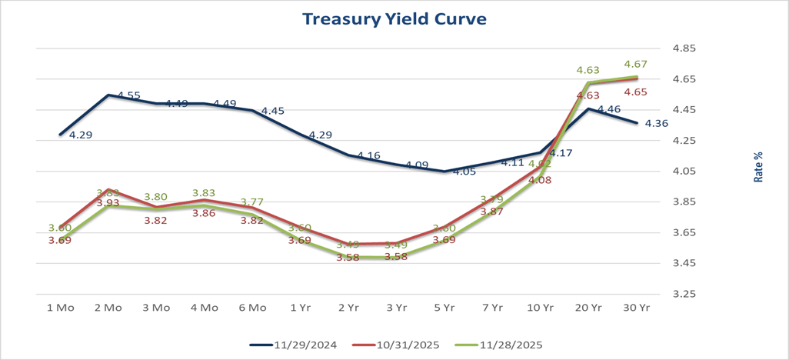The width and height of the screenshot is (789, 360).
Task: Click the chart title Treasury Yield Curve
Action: [x=394, y=18]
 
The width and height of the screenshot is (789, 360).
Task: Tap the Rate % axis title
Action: [x=759, y=167]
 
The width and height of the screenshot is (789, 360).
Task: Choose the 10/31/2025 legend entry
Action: [x=398, y=345]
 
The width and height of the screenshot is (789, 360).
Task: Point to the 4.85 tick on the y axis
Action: [x=684, y=48]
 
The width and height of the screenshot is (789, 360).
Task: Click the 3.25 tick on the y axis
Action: [x=684, y=294]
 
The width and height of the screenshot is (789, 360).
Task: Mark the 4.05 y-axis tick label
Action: [x=684, y=172]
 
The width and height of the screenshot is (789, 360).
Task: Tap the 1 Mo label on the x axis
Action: [x=60, y=307]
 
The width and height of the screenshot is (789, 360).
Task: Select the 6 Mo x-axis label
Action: [x=252, y=307]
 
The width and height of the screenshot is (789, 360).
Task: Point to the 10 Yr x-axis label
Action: [x=541, y=307]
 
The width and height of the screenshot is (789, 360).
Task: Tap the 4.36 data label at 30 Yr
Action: [x=656, y=124]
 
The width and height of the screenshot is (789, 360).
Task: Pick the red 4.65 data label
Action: [x=636, y=92]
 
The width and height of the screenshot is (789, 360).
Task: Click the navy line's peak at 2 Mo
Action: [x=108, y=95]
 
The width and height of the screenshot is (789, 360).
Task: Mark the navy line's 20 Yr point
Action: [x=588, y=108]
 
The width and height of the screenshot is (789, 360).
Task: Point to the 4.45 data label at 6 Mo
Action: [x=272, y=111]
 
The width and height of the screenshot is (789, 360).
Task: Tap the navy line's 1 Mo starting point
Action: [x=60, y=135]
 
